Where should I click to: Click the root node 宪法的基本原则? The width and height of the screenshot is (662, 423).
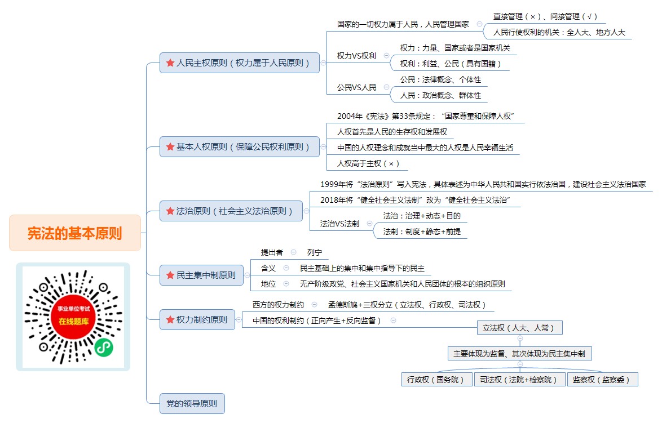75,233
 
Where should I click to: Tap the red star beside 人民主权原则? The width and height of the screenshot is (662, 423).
170,63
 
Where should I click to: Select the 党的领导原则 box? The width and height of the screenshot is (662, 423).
192,404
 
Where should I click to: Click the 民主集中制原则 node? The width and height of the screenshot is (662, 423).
201,275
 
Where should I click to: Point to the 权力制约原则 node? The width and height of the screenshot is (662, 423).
197,320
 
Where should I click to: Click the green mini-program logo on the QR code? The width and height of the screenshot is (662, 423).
103,348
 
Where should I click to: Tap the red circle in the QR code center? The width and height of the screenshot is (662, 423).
73,316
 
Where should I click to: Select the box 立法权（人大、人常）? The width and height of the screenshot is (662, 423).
520,328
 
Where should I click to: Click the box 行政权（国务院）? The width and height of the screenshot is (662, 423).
436,380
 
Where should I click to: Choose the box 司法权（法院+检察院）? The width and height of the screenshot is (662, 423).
520,380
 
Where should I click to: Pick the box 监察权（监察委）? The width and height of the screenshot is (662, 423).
602,380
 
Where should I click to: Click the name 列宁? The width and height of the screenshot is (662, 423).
315,252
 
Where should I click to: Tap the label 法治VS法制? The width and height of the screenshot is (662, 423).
339,224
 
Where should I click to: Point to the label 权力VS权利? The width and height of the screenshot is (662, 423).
356,56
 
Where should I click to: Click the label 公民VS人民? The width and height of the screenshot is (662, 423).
356,87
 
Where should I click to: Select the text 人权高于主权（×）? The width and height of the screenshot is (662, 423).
368,163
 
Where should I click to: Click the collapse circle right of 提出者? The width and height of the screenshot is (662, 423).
293,252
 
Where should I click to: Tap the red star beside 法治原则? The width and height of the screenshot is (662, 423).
170,211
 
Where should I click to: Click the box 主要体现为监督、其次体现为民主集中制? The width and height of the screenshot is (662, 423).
520,353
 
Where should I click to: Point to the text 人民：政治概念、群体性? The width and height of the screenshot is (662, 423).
440,95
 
